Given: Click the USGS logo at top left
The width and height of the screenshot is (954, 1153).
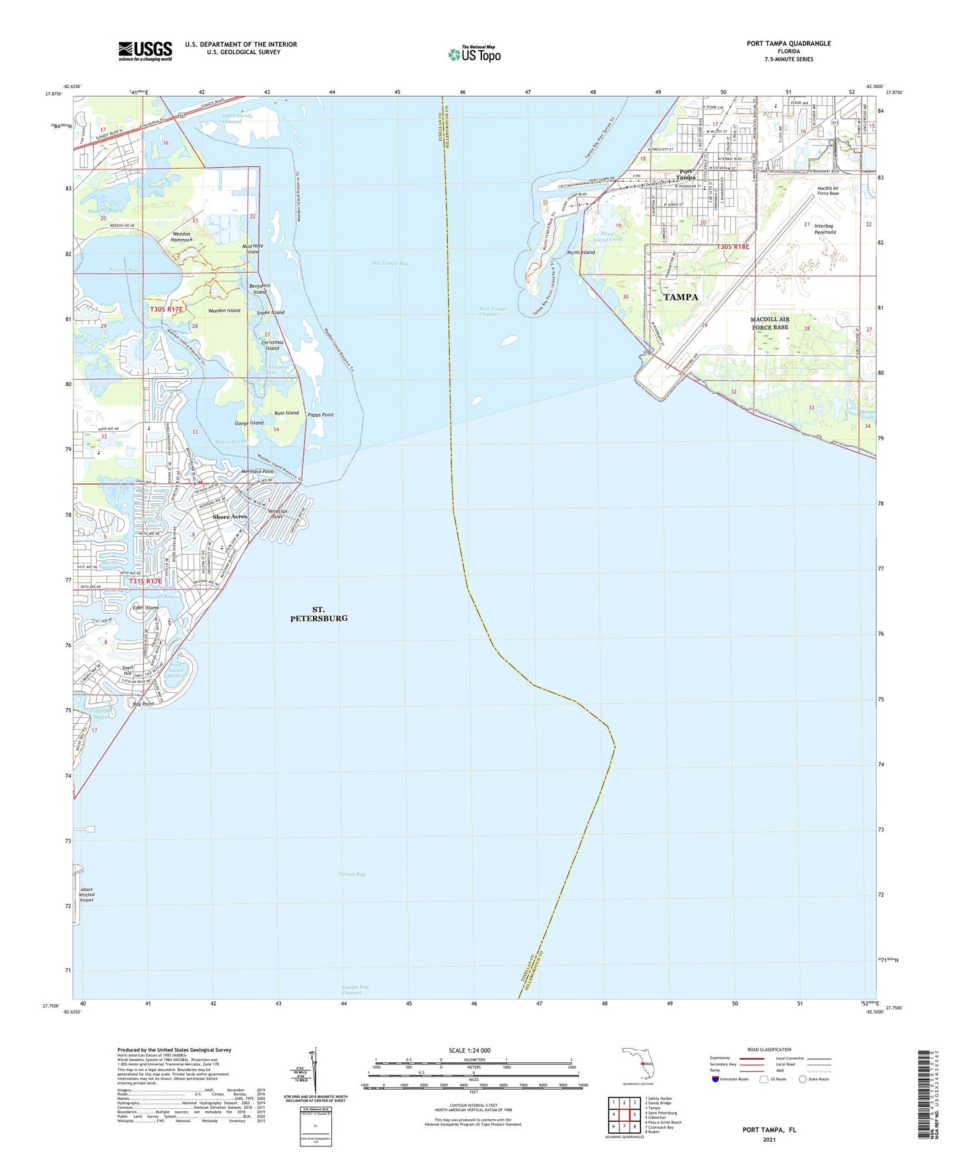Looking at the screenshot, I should tap(145, 50).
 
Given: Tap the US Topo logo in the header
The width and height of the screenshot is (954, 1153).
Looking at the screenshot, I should tap(474, 54).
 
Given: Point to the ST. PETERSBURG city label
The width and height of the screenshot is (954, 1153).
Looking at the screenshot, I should tap(319, 613).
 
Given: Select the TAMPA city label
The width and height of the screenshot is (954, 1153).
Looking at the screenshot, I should tap(680, 297).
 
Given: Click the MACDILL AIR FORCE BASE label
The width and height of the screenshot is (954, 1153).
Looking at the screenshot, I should tap(769, 323).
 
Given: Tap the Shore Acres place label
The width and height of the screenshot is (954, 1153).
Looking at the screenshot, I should tap(229, 516).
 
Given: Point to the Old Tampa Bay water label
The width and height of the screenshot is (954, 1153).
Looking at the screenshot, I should tap(390, 263).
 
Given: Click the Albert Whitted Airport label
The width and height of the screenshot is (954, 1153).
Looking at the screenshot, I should tap(86, 895).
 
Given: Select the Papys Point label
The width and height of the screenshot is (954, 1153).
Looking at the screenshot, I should tap(321, 415).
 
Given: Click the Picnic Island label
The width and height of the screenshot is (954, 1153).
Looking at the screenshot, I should tap(581, 252).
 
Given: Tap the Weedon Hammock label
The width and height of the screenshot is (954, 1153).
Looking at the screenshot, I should tap(181, 236).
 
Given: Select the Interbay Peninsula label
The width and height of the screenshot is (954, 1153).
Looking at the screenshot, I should tap(825, 229).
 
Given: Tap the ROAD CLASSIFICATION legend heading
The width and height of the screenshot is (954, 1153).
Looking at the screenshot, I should tap(769, 1049).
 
